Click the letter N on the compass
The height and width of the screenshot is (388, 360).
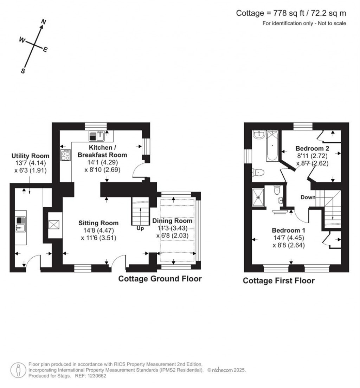click(44, 22)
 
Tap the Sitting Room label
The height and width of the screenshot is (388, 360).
click(98, 223)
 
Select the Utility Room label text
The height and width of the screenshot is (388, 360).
click(31, 156)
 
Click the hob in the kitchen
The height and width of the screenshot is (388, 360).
click(65, 155)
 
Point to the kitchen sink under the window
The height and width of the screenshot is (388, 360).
click(97, 135)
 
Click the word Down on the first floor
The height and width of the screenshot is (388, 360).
click(308, 198)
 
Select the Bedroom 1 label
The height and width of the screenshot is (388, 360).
click(288, 231)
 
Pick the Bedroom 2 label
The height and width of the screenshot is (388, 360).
click(312, 148)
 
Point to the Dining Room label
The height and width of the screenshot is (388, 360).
click(172, 221)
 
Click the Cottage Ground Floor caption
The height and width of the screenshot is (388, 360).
click(160, 279)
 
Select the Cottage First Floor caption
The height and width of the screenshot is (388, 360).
click(278, 280)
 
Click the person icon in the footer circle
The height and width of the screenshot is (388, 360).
click(18, 370)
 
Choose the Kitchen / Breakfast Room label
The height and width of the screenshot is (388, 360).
click(102, 151)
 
